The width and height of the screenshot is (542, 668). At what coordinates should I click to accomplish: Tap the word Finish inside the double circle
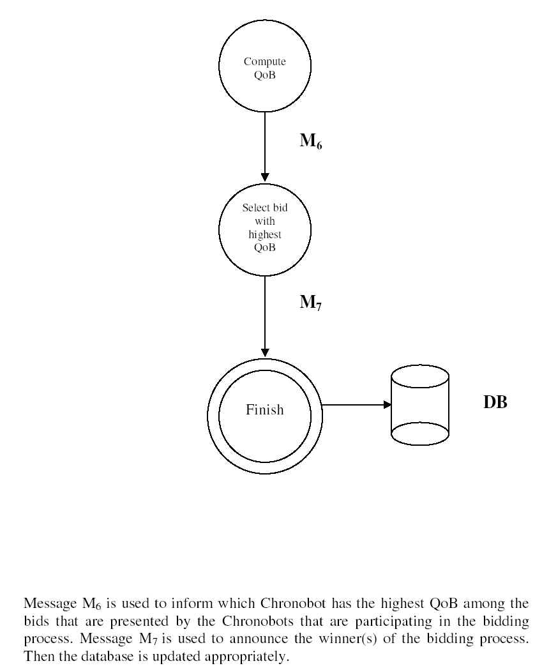(264, 409)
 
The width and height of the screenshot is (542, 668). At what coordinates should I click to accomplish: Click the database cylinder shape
(420, 405)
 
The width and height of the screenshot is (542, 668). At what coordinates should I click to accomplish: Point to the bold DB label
(495, 402)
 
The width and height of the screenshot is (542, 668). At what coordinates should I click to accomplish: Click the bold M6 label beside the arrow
(311, 141)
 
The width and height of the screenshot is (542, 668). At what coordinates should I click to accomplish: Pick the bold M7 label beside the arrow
(310, 303)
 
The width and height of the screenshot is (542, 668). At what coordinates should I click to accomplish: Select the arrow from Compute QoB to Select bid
(265, 147)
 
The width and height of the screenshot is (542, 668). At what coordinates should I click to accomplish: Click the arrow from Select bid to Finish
(265, 317)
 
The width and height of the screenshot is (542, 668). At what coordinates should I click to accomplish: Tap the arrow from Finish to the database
(356, 405)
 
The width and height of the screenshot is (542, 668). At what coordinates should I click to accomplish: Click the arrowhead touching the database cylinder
(388, 405)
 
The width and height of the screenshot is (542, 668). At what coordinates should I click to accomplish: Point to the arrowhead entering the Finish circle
(265, 353)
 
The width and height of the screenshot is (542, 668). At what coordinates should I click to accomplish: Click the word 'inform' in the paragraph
(193, 603)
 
